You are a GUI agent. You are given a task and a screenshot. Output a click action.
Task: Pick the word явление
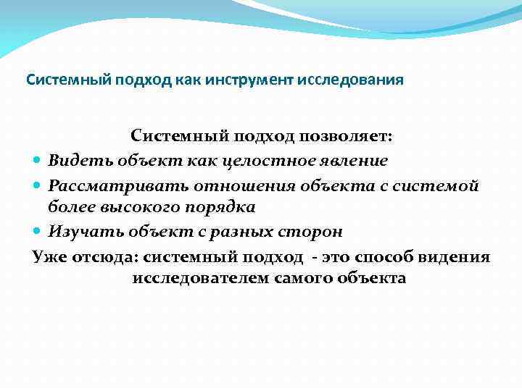355,160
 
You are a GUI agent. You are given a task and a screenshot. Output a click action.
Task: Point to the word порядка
222,207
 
